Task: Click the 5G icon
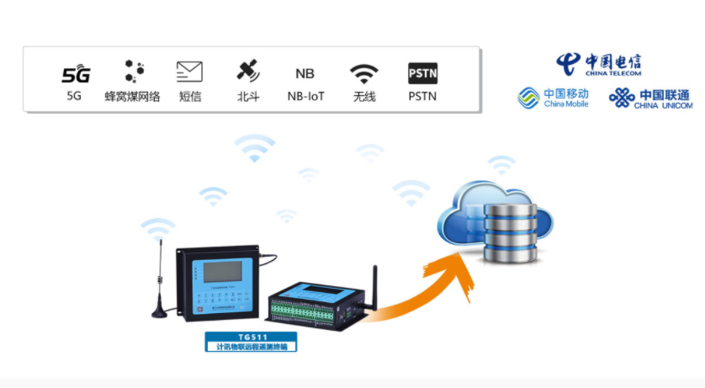point(74,73)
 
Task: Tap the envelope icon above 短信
point(189,72)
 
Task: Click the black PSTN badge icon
point(422,73)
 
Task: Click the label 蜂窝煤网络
point(132,97)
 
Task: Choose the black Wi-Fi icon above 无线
point(364,73)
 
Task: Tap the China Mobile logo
point(553,98)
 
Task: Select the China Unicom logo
point(650,98)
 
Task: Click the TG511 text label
point(252,336)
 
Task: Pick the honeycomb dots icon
point(132,72)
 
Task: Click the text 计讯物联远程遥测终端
point(252,346)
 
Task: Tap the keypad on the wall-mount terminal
point(220,300)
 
